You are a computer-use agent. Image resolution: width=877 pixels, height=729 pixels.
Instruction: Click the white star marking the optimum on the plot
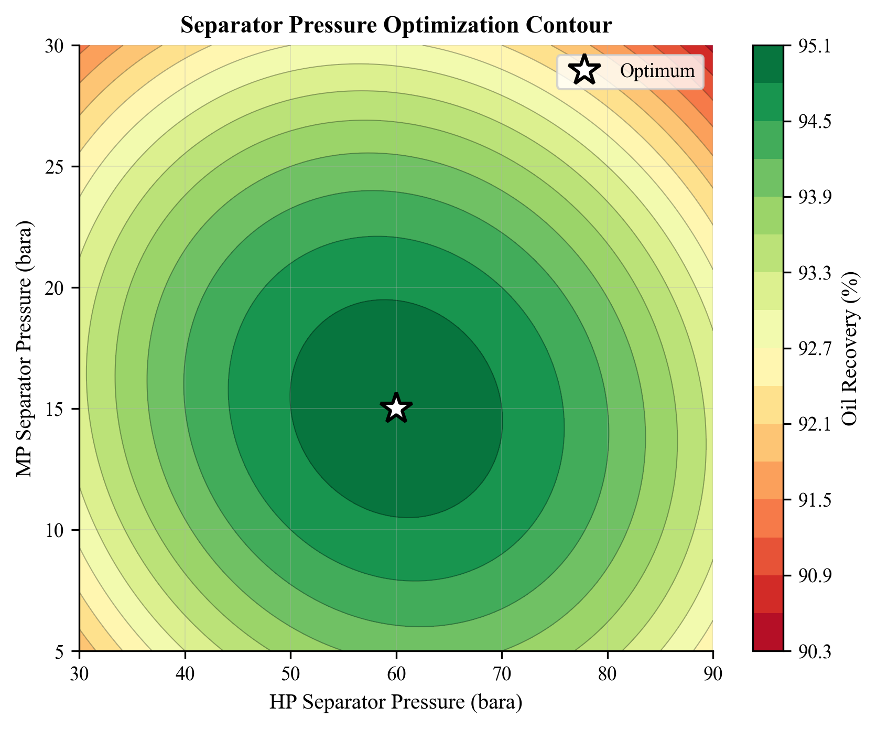[x=396, y=408]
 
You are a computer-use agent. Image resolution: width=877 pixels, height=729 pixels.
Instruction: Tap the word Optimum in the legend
[x=657, y=71]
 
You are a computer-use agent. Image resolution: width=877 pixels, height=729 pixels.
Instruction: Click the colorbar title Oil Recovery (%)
[x=849, y=348]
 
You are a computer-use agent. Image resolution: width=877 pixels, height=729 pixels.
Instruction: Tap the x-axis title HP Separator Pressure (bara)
[x=396, y=702]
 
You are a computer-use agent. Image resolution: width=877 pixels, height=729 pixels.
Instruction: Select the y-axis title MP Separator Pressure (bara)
[x=24, y=348]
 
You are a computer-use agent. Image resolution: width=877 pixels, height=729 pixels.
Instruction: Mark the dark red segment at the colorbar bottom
[x=768, y=632]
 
